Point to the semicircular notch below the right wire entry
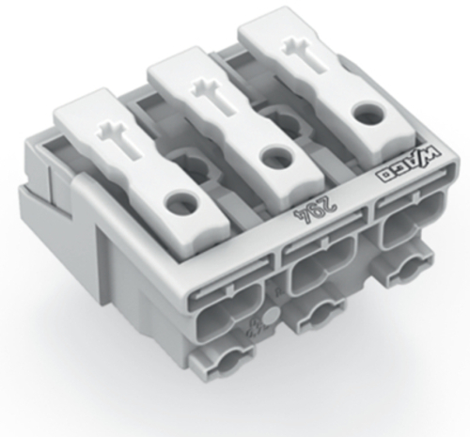point(404,273)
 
